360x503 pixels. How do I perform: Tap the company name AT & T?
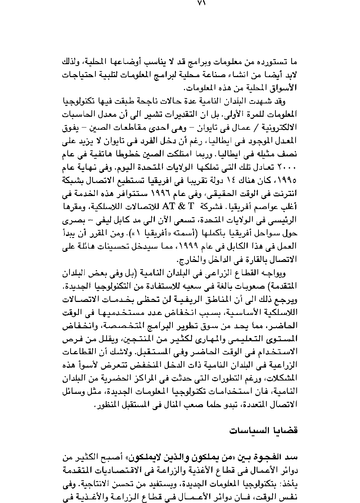[x=178, y=206]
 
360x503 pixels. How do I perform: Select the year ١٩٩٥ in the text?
[x=288, y=179]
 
